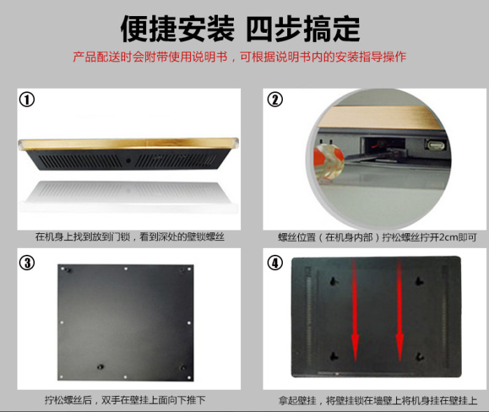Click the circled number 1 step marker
(27, 100)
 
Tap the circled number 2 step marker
(275, 100)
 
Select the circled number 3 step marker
(27, 263)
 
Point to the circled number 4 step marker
(275, 263)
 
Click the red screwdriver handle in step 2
(328, 160)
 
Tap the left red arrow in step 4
(355, 309)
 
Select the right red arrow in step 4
(400, 309)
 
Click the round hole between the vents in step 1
(128, 161)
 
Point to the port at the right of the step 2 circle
(435, 145)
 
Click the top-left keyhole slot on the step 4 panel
(334, 281)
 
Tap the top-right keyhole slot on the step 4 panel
(419, 281)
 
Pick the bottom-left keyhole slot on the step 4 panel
(334, 355)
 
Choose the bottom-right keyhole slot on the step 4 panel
(419, 355)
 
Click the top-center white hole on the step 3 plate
(126, 268)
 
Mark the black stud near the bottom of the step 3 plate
(100, 367)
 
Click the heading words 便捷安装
(177, 29)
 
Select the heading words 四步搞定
(302, 29)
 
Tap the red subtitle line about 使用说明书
(240, 57)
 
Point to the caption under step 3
(125, 400)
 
